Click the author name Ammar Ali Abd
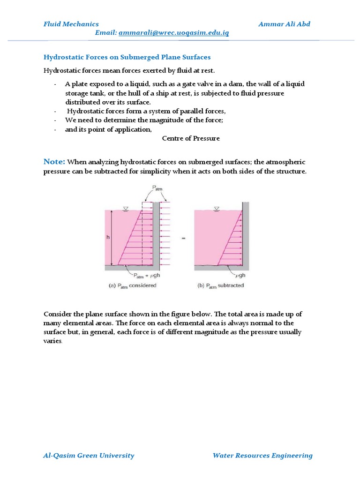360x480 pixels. [284, 24]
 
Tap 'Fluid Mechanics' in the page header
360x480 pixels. [71, 24]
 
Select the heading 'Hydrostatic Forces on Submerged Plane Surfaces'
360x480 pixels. [127, 57]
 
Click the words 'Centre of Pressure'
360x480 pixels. [191, 139]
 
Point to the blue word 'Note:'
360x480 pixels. [54, 162]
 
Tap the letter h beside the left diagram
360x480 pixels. [107, 237]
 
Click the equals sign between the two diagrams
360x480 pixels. [183, 239]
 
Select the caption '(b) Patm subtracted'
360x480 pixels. [221, 285]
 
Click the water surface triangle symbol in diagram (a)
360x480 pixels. [125, 208]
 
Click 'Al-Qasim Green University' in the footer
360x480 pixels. [89, 455]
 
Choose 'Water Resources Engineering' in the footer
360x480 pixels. [262, 455]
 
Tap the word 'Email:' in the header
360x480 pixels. [106, 33]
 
